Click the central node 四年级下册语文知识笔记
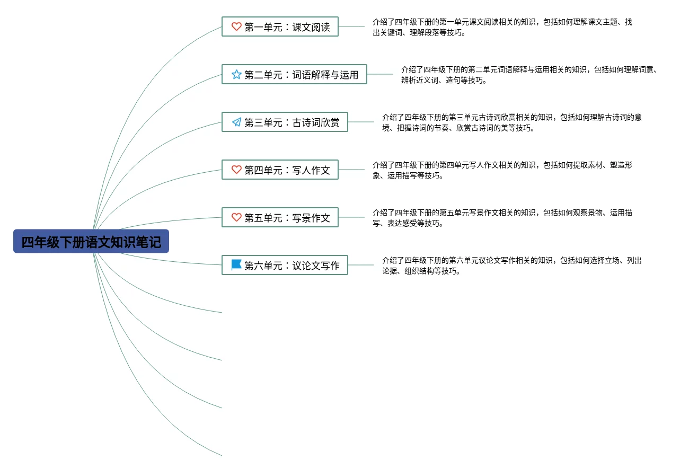coord(91,242)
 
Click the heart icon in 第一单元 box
coord(236,26)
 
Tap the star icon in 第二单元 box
coord(236,74)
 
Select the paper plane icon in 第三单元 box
coord(236,122)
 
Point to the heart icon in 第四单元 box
coord(236,170)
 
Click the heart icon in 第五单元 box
coord(236,217)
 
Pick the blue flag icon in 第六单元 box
coord(236,264)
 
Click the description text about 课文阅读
coord(502,27)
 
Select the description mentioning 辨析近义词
coord(529,75)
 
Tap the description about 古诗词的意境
coord(511,122)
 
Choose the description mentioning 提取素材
coord(502,170)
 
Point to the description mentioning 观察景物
coord(502,218)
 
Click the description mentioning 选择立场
coord(511,266)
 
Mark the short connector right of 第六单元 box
coord(361,265)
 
